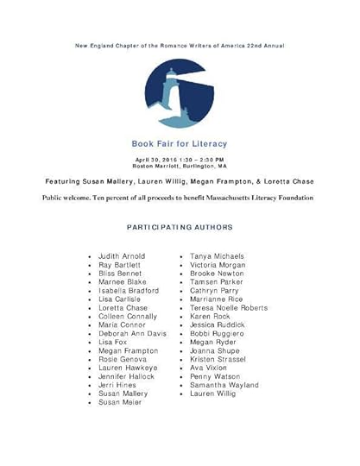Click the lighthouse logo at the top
180,94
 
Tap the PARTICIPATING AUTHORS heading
180,228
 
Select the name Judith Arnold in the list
122,256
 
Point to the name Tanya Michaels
217,256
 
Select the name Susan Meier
120,402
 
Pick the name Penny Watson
216,376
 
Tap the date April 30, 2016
154,160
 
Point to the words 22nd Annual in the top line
265,45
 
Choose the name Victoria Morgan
218,265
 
